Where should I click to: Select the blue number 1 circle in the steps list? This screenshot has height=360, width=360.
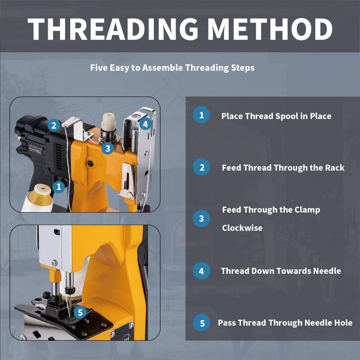pyautogui.click(x=201, y=115)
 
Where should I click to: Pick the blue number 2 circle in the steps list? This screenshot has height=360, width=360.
pyautogui.click(x=201, y=167)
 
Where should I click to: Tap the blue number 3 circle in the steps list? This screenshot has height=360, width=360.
pyautogui.click(x=201, y=219)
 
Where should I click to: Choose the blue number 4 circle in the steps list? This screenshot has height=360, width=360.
pyautogui.click(x=201, y=271)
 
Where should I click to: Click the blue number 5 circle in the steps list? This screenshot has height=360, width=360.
pyautogui.click(x=201, y=323)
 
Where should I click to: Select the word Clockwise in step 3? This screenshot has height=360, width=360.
pyautogui.click(x=242, y=228)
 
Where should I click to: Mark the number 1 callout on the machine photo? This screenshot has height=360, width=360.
pyautogui.click(x=58, y=187)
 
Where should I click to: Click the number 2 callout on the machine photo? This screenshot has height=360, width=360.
pyautogui.click(x=54, y=126)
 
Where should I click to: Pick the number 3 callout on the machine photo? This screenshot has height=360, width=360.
pyautogui.click(x=108, y=148)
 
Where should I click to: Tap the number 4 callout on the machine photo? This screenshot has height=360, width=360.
pyautogui.click(x=145, y=124)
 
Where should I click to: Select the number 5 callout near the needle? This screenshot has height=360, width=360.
pyautogui.click(x=80, y=312)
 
